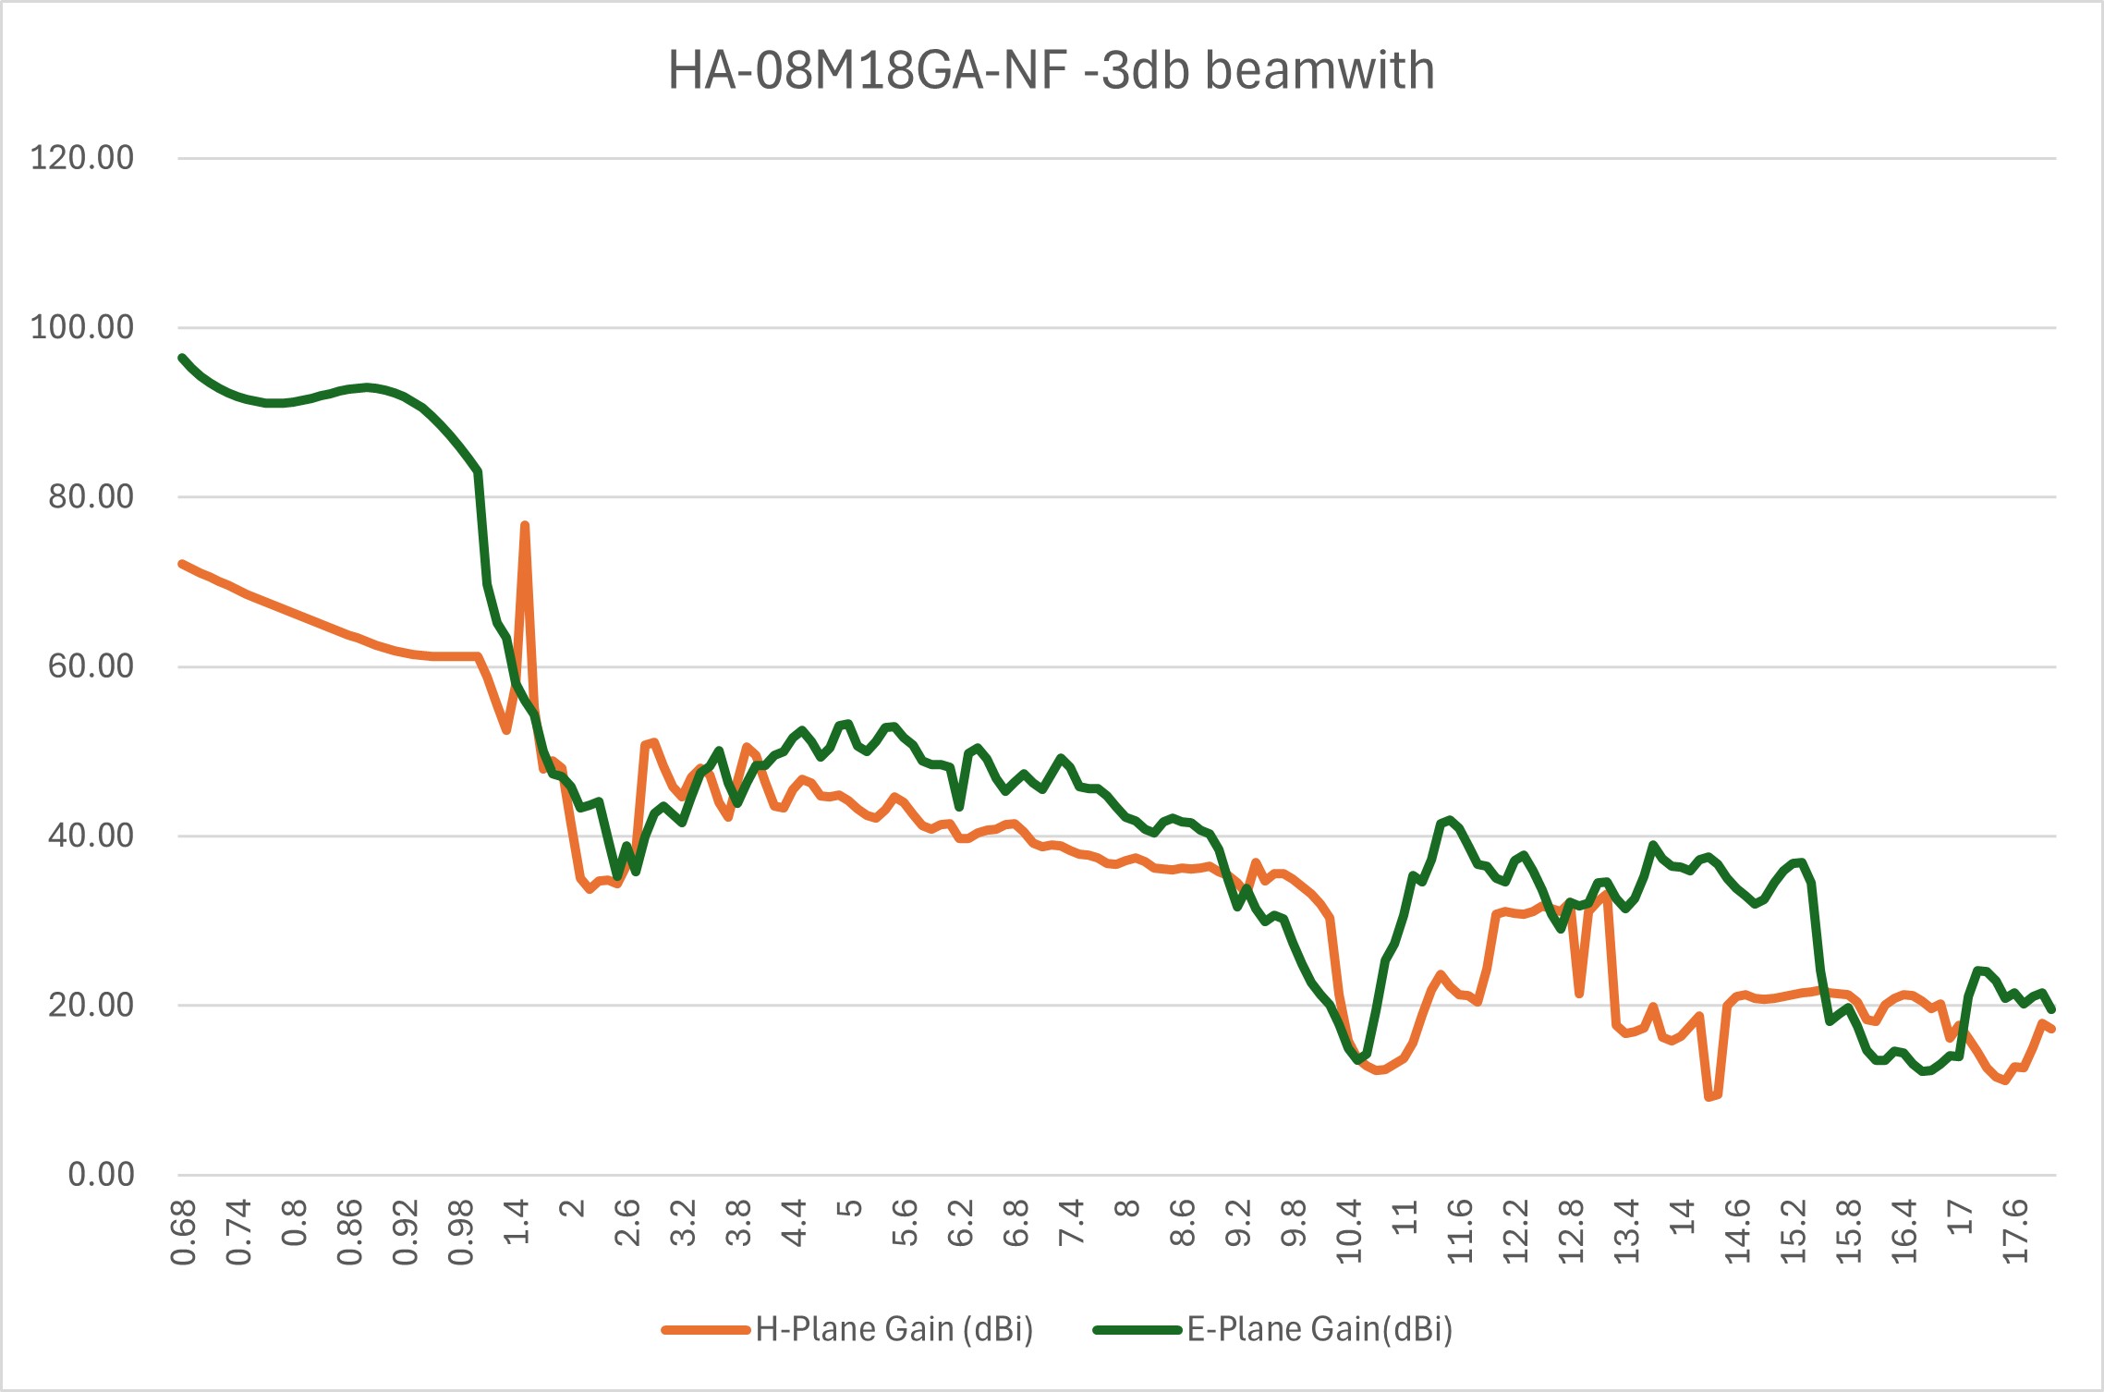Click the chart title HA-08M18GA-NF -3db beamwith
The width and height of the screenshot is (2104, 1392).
coord(1051,70)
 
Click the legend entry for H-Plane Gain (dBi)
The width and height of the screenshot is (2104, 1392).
coord(893,1329)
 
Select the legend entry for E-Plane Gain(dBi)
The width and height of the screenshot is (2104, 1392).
coord(1319,1329)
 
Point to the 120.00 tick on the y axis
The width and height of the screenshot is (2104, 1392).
coord(82,158)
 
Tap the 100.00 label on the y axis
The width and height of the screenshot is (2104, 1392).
coord(82,327)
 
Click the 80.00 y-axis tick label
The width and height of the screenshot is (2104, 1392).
coord(91,496)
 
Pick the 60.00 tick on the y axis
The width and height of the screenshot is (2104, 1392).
coord(91,666)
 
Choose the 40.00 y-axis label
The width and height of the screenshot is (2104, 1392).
coord(91,836)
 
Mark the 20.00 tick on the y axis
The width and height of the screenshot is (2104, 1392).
coord(91,1005)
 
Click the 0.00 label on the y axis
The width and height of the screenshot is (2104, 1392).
coord(101,1175)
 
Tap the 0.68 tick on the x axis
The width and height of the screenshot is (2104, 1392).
coord(183,1232)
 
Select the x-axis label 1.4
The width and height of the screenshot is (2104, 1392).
coord(517,1221)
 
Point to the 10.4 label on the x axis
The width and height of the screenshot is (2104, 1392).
coord(1349,1232)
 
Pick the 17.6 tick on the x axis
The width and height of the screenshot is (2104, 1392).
coord(2015,1232)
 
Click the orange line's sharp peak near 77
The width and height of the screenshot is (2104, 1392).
coord(525,525)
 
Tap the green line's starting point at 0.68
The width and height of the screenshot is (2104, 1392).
coord(183,358)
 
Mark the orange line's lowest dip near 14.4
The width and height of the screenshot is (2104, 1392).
coord(1709,1097)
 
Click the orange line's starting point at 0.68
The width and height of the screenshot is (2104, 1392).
coord(183,564)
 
